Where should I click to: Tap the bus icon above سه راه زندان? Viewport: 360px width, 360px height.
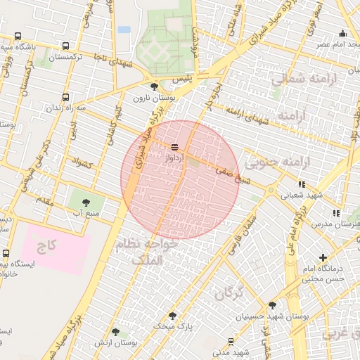pos(66,97)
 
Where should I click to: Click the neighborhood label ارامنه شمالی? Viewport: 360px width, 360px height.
pos(300,79)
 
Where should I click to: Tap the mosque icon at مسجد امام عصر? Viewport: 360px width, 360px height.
pos(342,33)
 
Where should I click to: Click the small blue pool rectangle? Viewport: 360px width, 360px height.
pos(124,30)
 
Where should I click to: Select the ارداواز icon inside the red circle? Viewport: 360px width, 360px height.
pos(174,146)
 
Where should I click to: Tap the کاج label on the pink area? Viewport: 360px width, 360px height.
pos(46,246)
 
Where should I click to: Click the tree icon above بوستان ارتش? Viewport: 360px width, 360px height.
pos(115,331)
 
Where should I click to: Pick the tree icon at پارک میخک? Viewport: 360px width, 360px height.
pos(172,316)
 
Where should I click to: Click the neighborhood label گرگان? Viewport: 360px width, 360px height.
pos(229,292)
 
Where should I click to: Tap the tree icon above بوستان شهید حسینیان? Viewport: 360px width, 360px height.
pos(272,305)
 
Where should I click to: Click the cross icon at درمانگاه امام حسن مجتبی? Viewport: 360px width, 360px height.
pos(323,258)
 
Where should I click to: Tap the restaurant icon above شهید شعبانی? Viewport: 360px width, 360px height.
pos(302,184)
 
